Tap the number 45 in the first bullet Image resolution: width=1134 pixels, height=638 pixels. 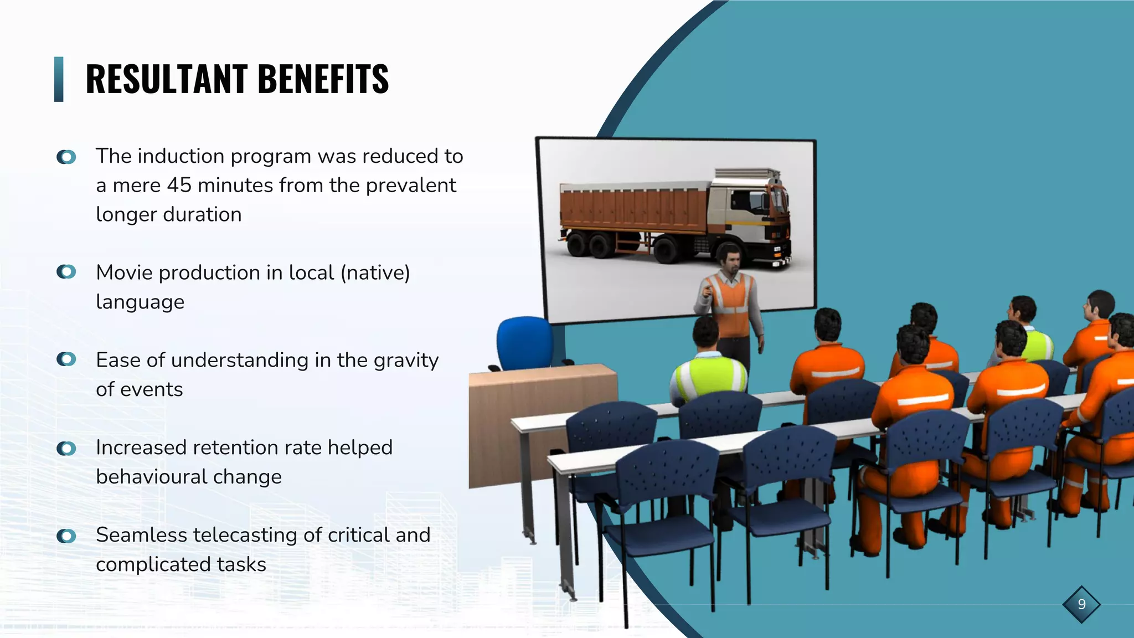pyautogui.click(x=179, y=185)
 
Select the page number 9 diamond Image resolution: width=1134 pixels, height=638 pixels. pyautogui.click(x=1081, y=604)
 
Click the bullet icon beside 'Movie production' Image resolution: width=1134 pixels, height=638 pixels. pyautogui.click(x=66, y=272)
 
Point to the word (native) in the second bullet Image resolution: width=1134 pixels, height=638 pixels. pyautogui.click(x=375, y=272)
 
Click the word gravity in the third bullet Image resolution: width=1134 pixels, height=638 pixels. pyautogui.click(x=406, y=360)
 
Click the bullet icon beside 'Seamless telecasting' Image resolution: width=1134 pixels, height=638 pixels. pyautogui.click(x=66, y=536)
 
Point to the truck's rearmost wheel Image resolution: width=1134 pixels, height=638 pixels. pyautogui.click(x=578, y=244)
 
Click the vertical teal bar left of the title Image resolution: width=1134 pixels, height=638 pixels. pyautogui.click(x=59, y=79)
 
